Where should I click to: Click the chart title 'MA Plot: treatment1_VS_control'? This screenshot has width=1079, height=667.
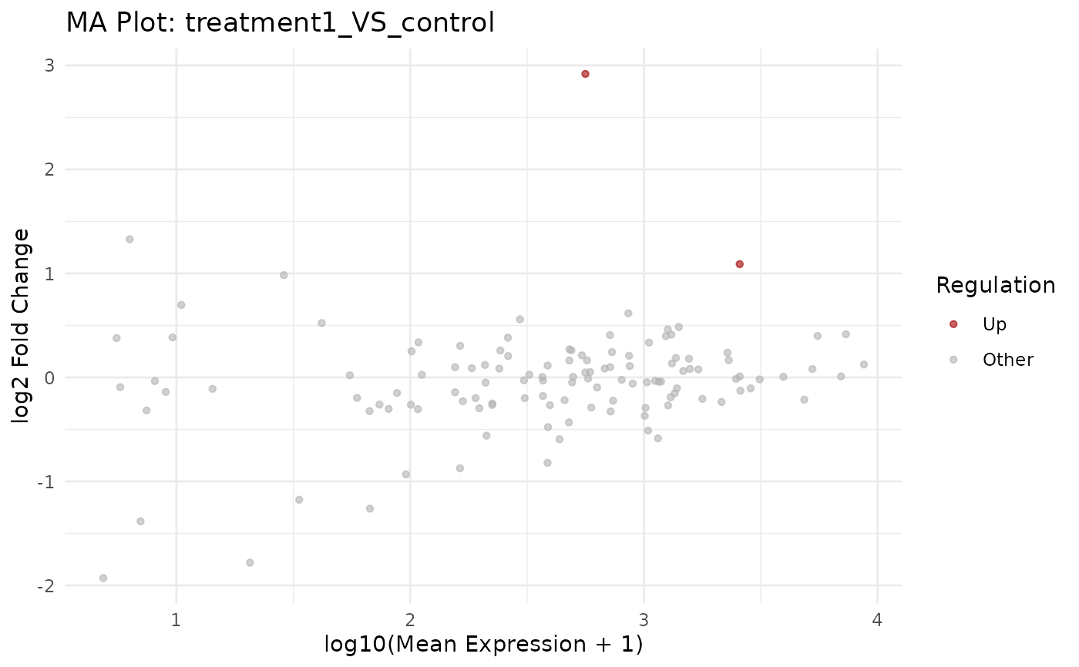coord(280,22)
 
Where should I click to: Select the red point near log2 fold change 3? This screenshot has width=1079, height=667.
coord(585,74)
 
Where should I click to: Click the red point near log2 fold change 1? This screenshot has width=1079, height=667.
coord(739,264)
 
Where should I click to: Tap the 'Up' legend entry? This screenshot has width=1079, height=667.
coord(994,324)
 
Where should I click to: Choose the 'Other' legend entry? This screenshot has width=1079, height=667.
coord(1007,360)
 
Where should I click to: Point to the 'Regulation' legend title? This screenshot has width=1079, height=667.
coord(995,286)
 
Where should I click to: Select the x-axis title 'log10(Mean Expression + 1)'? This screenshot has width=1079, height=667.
coord(482,643)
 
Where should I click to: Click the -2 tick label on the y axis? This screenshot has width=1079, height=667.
coord(45,586)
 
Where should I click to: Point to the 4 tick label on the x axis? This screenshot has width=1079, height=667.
coord(878,618)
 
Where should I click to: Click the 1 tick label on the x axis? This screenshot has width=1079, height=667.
coord(176,618)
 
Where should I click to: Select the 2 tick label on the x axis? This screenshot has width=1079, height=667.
coord(410,618)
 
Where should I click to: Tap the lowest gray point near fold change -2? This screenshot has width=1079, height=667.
coord(103,578)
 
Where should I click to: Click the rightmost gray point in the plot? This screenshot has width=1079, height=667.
coord(863,364)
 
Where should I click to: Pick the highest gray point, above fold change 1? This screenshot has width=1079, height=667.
coord(129,240)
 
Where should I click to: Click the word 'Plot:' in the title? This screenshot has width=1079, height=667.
coord(150,22)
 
